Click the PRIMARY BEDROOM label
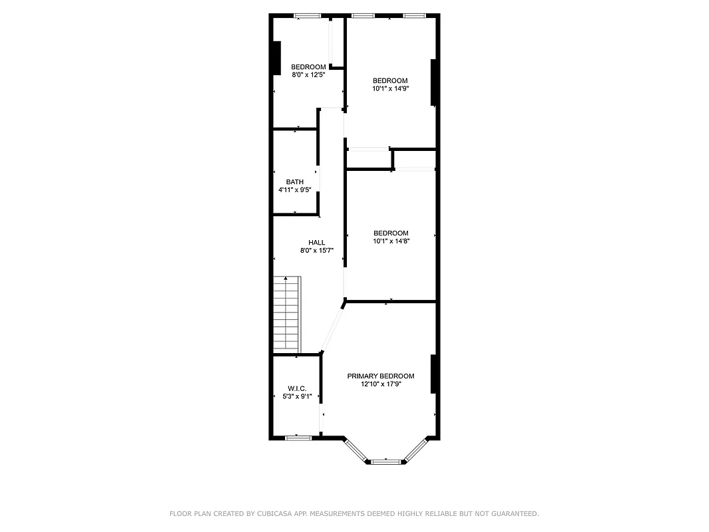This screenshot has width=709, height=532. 381,376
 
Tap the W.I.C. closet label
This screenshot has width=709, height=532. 296,388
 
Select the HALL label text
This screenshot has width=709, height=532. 317,242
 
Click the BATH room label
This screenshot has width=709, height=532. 295,182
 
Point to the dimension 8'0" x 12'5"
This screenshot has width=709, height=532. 308,74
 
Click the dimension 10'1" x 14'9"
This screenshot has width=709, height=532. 390,88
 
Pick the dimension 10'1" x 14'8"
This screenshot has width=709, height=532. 391,241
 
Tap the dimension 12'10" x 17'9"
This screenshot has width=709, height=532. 381,384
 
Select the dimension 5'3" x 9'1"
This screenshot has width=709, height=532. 296,396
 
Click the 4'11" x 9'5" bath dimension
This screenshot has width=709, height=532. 295,190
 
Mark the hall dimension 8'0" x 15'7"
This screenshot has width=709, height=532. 317,250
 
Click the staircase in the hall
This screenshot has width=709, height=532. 287,315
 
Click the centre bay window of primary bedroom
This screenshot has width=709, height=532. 385,461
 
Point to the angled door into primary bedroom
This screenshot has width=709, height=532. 332,328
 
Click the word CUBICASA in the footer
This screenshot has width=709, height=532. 270,513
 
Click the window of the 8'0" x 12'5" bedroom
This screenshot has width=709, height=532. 308,16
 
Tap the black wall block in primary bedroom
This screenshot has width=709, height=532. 433,374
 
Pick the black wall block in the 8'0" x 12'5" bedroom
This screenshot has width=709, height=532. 276,58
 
